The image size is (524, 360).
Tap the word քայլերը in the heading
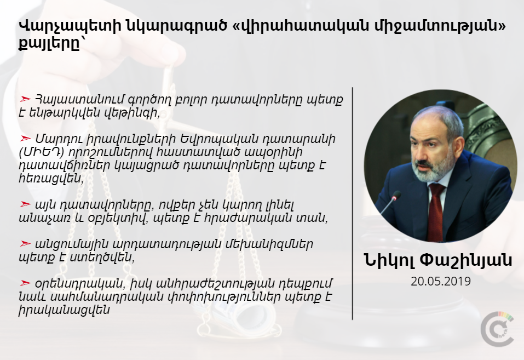[x=50, y=44]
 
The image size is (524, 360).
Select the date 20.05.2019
[x=441, y=282]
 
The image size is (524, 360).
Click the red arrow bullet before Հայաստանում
[x=25, y=99]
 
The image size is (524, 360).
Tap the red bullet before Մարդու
[x=25, y=138]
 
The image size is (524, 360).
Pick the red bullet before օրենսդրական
[x=25, y=283]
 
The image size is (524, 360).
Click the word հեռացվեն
[x=51, y=178]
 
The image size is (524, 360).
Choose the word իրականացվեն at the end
[x=65, y=310]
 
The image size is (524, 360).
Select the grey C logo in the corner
[x=497, y=329]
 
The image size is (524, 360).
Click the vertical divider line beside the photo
[x=353, y=204]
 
